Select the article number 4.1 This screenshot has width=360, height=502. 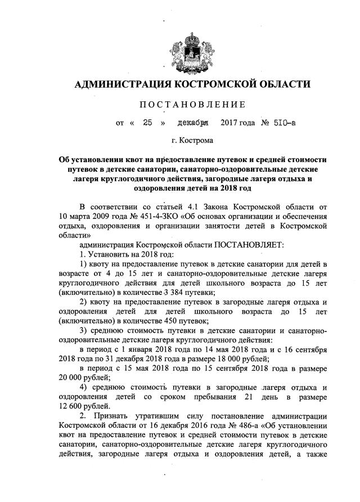click(187, 205)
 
